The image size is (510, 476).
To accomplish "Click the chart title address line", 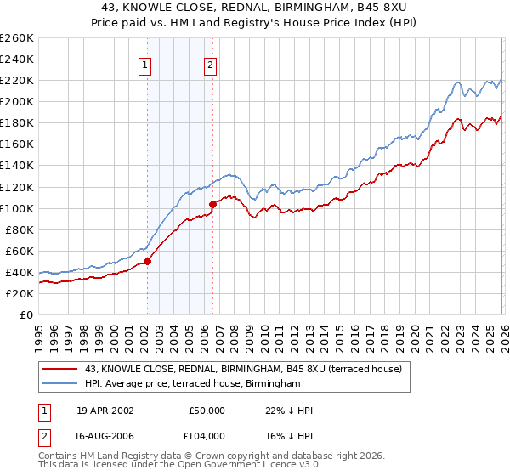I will point(255,8).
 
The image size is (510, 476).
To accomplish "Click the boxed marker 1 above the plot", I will point(145,65).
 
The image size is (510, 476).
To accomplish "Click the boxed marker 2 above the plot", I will point(210,65).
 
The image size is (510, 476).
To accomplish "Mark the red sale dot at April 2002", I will point(147,261).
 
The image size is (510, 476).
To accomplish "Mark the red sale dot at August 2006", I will point(212,203).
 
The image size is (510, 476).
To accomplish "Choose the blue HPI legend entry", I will point(193,383).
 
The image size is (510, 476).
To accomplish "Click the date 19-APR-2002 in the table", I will point(105,411).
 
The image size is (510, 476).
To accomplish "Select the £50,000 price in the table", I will point(207,411).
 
